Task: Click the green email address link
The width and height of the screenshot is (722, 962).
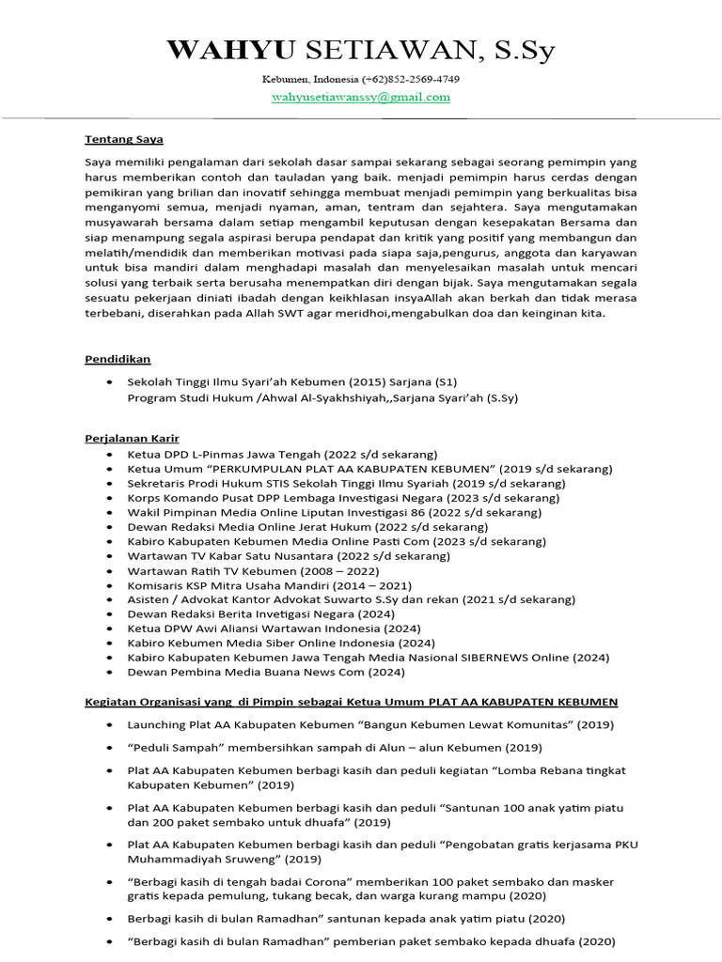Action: point(361,97)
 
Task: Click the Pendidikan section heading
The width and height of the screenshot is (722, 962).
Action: point(118,359)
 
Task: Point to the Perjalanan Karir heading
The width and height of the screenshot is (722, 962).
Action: point(132,439)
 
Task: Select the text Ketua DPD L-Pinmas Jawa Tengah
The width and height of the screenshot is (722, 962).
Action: point(225,454)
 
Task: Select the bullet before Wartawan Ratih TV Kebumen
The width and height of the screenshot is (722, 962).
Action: point(112,570)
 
